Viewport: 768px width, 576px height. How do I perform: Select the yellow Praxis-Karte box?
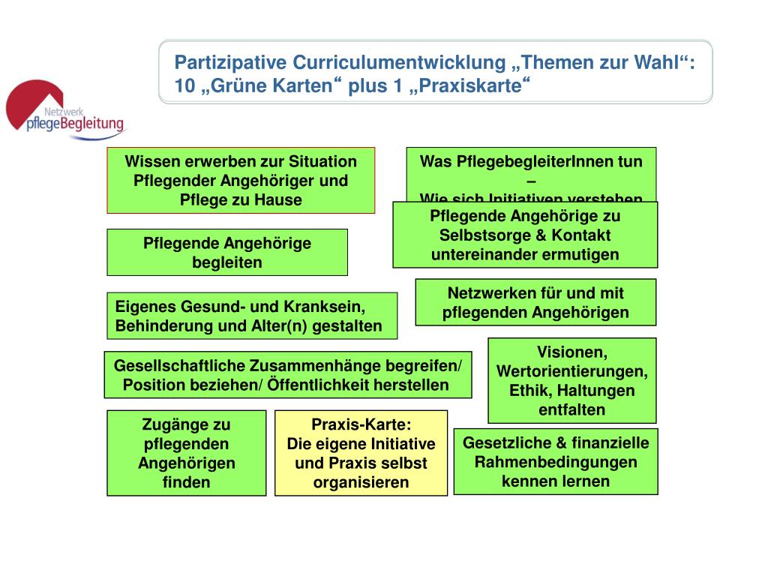(x=361, y=453)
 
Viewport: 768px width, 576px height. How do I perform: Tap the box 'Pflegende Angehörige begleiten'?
(x=226, y=253)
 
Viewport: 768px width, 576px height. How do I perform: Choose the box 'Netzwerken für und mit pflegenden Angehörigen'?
(x=535, y=302)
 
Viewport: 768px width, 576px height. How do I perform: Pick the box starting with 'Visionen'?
(x=571, y=380)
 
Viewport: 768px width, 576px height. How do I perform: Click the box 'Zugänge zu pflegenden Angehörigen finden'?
(x=186, y=453)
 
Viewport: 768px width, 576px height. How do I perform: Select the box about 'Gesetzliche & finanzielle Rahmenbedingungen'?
(x=556, y=461)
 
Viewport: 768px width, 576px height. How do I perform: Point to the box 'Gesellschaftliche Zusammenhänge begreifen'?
(x=287, y=375)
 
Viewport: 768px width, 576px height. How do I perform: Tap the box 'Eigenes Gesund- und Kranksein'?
(x=251, y=316)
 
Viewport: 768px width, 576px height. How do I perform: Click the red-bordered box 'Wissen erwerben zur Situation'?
(x=240, y=180)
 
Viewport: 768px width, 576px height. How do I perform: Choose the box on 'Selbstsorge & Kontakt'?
(x=525, y=235)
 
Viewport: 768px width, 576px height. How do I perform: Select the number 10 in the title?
(x=184, y=86)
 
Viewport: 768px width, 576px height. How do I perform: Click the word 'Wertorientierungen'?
(x=571, y=371)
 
